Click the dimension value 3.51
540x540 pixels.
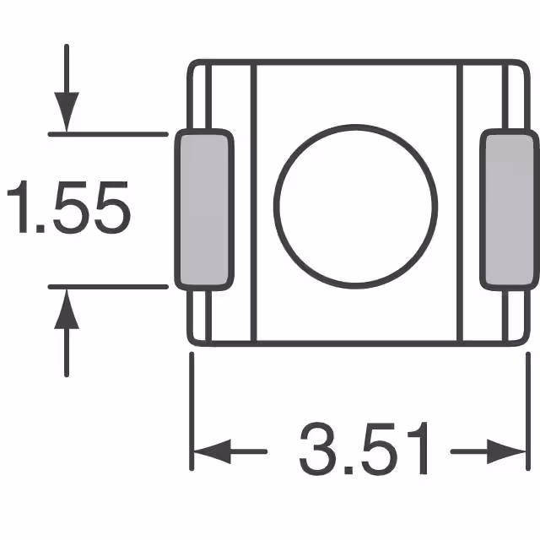coord(364,451)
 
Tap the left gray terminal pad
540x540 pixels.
coord(203,209)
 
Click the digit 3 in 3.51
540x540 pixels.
coord(316,451)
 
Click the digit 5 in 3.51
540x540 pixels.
coord(377,451)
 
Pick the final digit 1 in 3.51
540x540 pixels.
coord(419,451)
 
